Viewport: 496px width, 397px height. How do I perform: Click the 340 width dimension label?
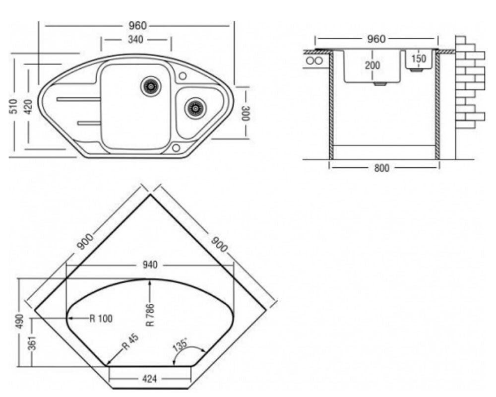pos(135,40)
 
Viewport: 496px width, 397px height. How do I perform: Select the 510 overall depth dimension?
pos(14,107)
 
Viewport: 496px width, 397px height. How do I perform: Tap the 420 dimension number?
pos(28,107)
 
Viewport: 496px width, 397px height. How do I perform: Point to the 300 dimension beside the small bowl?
pos(246,113)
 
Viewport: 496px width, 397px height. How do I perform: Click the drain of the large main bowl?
pos(151,86)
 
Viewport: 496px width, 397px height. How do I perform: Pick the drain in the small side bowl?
pos(195,108)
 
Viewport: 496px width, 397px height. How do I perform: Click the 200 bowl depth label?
pos(372,66)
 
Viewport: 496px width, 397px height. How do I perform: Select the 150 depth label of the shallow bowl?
pos(419,59)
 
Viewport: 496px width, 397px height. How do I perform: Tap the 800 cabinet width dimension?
pos(382,168)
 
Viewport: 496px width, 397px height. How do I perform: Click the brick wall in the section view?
pos(470,82)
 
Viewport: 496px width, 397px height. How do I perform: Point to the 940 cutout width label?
pos(150,265)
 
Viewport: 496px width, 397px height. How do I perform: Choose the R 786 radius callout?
pos(150,315)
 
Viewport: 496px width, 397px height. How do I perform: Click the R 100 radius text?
pos(101,318)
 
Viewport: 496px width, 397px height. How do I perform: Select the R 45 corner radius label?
pos(130,342)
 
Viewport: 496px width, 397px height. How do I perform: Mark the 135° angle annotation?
pos(181,345)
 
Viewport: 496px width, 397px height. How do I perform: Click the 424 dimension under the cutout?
pos(149,379)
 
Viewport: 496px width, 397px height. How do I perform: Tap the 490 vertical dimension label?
pos(20,321)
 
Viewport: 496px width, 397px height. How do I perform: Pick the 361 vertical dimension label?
pos(32,343)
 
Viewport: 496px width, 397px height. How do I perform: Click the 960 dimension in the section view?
pos(376,39)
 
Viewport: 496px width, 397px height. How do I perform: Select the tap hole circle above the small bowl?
pos(183,76)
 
